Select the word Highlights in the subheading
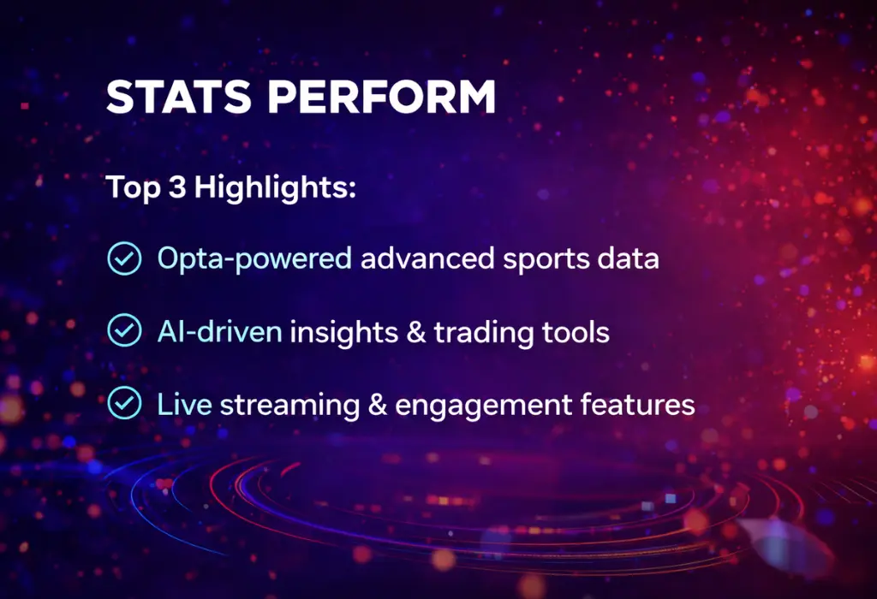(275, 188)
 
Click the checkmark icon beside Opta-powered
(124, 258)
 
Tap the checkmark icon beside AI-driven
(124, 330)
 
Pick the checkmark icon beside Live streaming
(124, 402)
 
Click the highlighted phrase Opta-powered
(254, 258)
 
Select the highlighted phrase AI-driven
(219, 331)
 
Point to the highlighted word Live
(184, 403)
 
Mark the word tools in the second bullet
(579, 331)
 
